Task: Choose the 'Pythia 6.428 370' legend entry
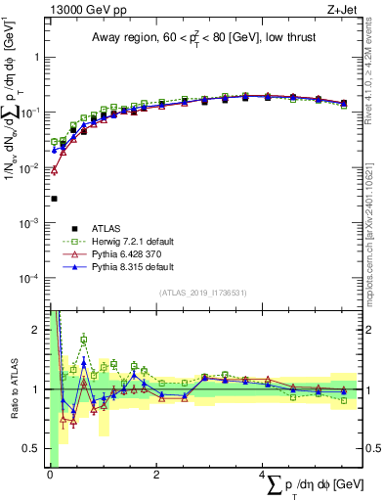122,253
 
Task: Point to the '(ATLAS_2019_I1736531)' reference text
207,293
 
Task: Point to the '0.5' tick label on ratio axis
34,448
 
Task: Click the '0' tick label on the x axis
50,475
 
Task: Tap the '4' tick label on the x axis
261,475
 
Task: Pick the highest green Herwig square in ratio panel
84,340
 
